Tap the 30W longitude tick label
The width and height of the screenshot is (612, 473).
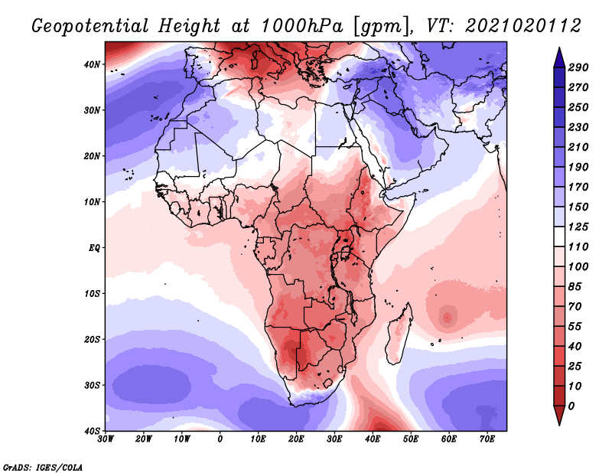pyautogui.click(x=106, y=439)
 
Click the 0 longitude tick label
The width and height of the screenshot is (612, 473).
pyautogui.click(x=220, y=439)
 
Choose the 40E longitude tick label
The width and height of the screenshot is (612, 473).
pyautogui.click(x=373, y=439)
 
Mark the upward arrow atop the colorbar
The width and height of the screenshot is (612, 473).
pyautogui.click(x=560, y=55)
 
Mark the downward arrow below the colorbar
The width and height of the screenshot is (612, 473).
pyautogui.click(x=560, y=416)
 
